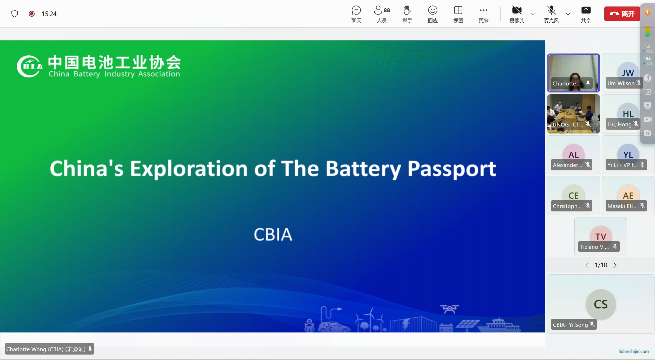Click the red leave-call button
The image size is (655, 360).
click(x=622, y=14)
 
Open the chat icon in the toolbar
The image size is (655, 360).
click(x=356, y=10)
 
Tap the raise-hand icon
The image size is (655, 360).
click(x=407, y=10)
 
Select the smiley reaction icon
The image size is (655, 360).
click(x=433, y=10)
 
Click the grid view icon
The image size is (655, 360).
click(x=458, y=10)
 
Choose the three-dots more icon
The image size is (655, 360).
click(x=483, y=10)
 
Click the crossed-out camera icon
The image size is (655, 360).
click(x=517, y=10)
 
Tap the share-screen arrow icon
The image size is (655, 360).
click(x=586, y=10)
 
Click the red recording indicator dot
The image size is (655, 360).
click(x=32, y=14)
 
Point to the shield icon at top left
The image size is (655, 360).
click(x=15, y=14)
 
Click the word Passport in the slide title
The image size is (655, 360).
click(x=452, y=169)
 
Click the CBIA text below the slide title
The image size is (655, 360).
click(x=273, y=234)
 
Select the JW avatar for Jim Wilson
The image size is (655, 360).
click(x=628, y=73)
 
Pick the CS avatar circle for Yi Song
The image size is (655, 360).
click(x=601, y=304)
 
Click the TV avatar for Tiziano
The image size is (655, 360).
click(x=601, y=236)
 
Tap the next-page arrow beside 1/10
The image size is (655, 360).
click(x=615, y=265)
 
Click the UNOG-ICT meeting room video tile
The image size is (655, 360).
click(x=573, y=114)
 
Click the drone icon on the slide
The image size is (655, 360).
click(x=449, y=309)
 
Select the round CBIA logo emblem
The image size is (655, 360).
click(x=29, y=66)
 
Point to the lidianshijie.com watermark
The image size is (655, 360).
click(x=633, y=351)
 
